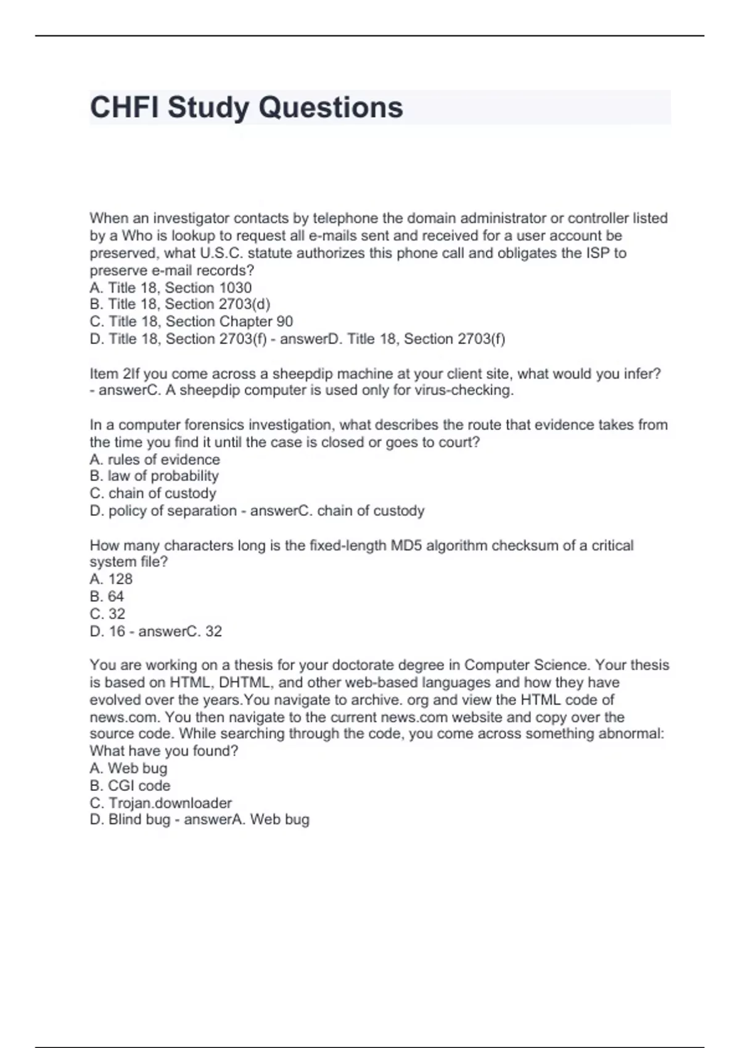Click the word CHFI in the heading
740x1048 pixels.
(x=124, y=107)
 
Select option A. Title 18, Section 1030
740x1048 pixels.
(x=171, y=287)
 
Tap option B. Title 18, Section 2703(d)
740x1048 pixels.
(x=180, y=304)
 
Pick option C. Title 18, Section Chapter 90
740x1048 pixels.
(x=191, y=321)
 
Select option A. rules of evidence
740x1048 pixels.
(x=155, y=459)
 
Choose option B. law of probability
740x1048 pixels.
(x=154, y=476)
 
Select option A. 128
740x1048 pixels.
(x=111, y=579)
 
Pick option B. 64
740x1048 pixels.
(x=107, y=596)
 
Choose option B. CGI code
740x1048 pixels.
(x=130, y=785)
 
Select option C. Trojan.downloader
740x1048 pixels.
(x=161, y=803)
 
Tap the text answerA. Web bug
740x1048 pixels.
(x=247, y=819)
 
